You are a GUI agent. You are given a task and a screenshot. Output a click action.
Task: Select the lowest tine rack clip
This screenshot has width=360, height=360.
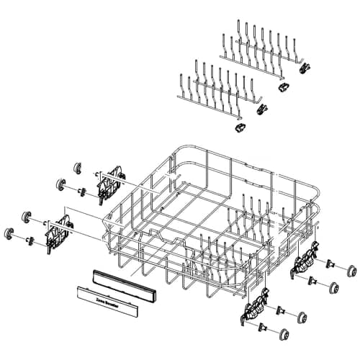[238, 127]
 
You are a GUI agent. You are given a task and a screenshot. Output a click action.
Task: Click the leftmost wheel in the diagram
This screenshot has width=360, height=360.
[11, 234]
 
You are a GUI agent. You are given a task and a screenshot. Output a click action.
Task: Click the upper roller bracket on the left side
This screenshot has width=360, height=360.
[109, 183]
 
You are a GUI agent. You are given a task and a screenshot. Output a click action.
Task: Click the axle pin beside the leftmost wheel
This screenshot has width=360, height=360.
[29, 238]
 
